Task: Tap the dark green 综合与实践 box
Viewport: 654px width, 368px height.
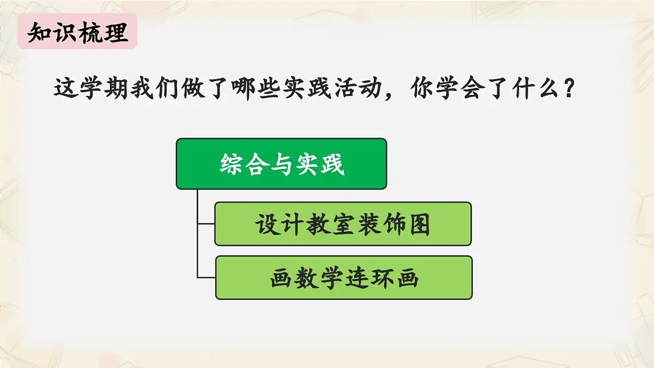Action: (281, 164)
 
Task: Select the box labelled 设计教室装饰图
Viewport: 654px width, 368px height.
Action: (343, 224)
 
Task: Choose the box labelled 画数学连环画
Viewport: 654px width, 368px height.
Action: (343, 278)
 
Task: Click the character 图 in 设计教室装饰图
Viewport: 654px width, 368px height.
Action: (419, 224)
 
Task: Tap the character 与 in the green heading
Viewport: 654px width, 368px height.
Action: (282, 164)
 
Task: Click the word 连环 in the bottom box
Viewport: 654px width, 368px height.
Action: (368, 278)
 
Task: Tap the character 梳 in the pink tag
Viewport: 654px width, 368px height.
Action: (89, 33)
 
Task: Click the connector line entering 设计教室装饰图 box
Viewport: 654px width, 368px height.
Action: (206, 224)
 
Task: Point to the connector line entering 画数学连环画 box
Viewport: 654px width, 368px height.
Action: (206, 277)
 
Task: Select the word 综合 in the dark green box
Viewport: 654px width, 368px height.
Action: (244, 164)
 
